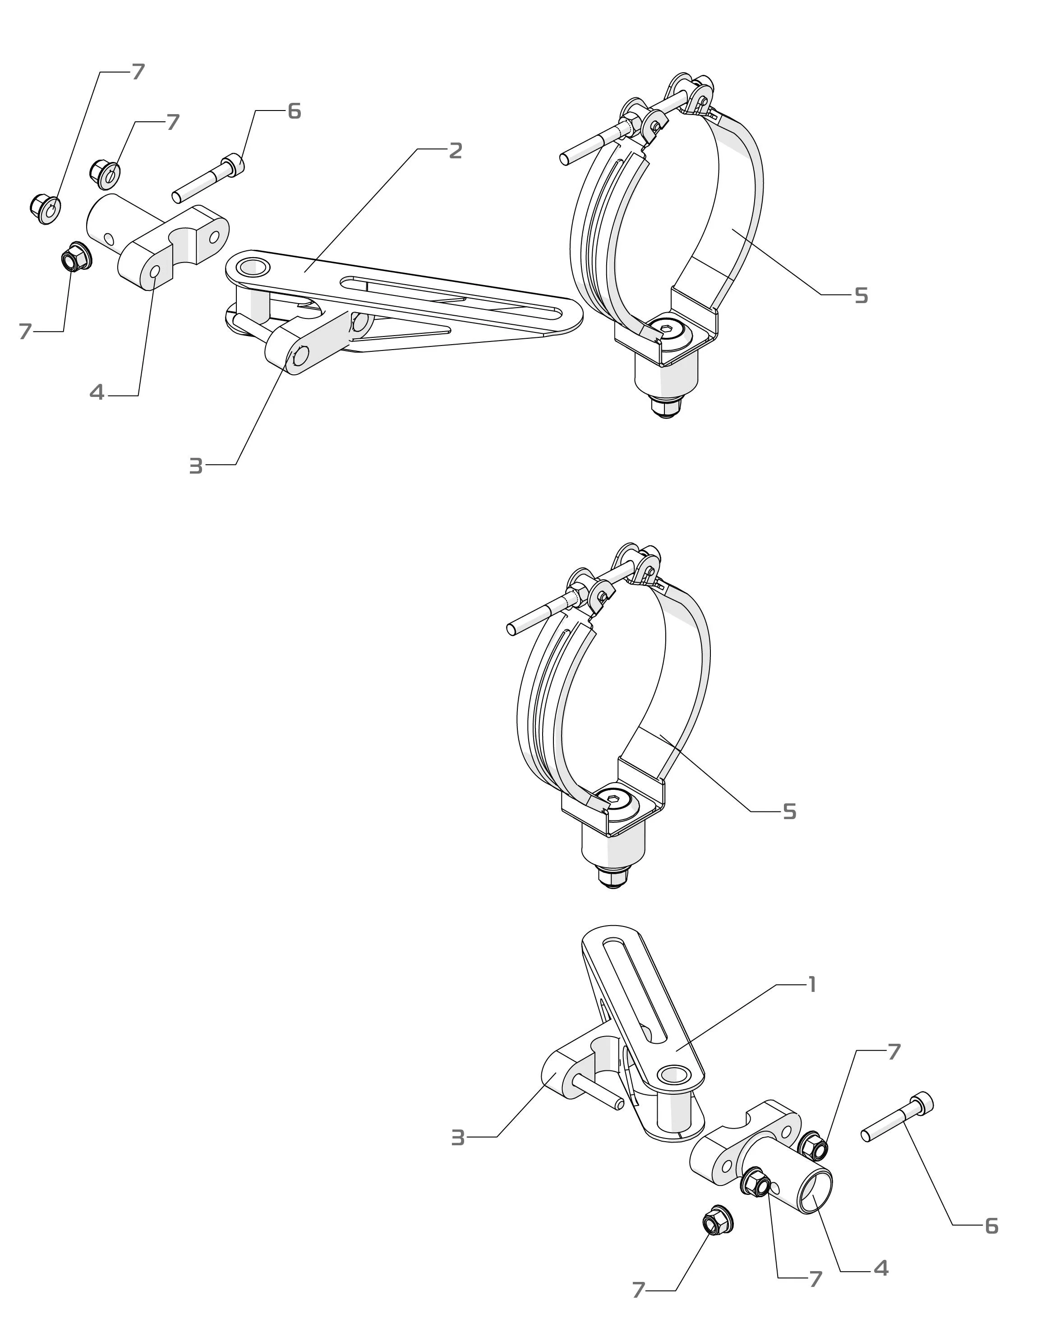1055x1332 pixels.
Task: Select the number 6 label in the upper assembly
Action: tap(294, 112)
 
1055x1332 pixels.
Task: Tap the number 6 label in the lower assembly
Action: tap(991, 1226)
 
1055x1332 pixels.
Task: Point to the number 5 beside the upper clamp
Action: tap(861, 296)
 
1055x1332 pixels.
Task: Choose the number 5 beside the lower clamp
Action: tap(789, 812)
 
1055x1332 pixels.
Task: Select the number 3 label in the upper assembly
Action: tap(196, 466)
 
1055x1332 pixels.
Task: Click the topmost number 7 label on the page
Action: tap(138, 72)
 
